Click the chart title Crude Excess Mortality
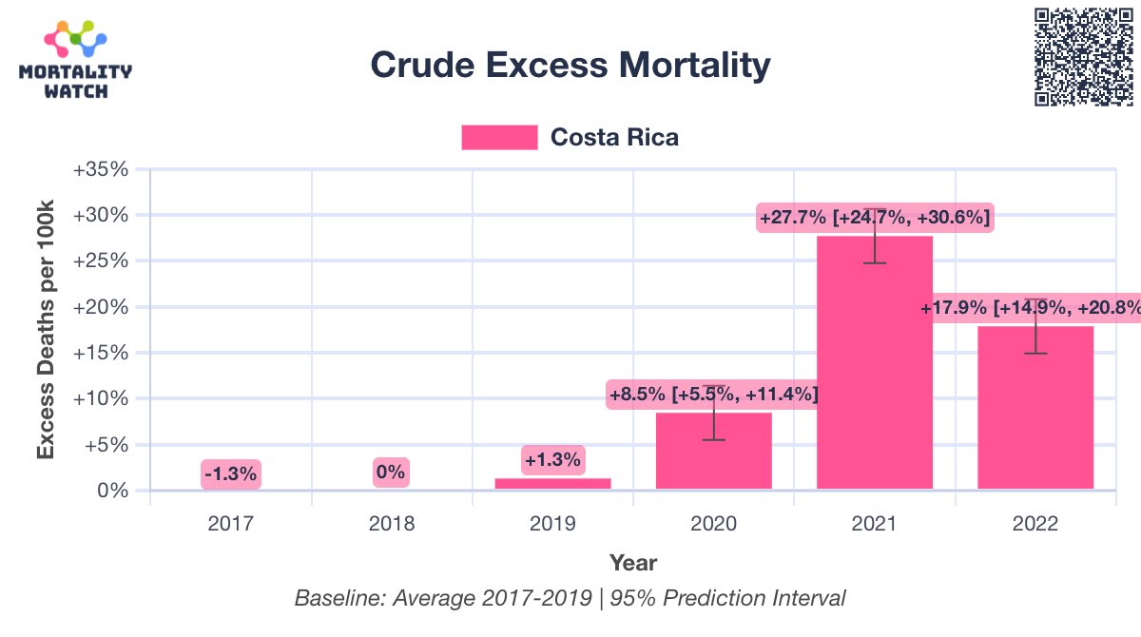point(570,65)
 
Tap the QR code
point(1084,56)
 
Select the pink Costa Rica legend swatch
point(499,137)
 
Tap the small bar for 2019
point(553,484)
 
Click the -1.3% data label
point(230,473)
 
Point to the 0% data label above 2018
point(391,472)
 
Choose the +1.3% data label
point(552,460)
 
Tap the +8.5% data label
point(713,393)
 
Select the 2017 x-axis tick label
point(231,524)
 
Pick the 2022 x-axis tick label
point(1035,524)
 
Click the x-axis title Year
point(633,562)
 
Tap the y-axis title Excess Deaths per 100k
point(46,330)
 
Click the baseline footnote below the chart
point(570,599)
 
